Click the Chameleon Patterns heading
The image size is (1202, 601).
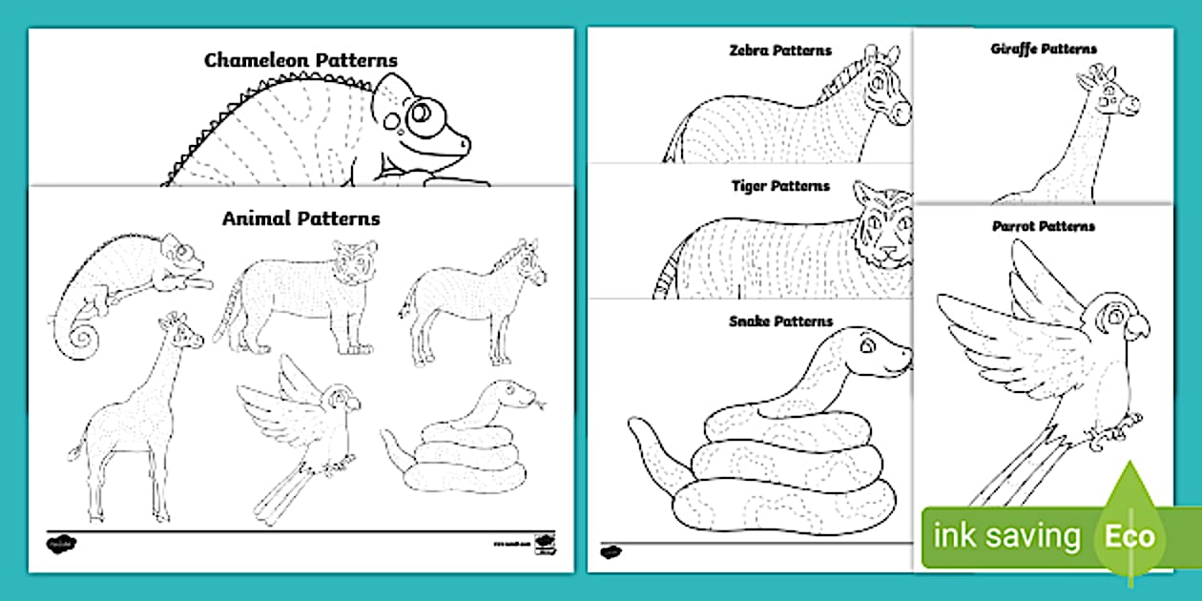pyautogui.click(x=300, y=60)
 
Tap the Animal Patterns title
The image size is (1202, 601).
pyautogui.click(x=300, y=218)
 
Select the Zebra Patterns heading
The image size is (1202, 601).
pyautogui.click(x=779, y=51)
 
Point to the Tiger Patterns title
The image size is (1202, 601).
pyautogui.click(x=780, y=186)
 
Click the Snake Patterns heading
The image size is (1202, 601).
pyautogui.click(x=780, y=321)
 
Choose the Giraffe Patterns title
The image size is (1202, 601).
pyautogui.click(x=1044, y=49)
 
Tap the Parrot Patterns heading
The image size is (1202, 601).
pyautogui.click(x=1044, y=226)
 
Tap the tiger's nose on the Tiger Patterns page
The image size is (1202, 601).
pyautogui.click(x=889, y=255)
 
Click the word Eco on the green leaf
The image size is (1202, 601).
pyautogui.click(x=1129, y=536)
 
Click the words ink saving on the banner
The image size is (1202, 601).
pyautogui.click(x=1006, y=536)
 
